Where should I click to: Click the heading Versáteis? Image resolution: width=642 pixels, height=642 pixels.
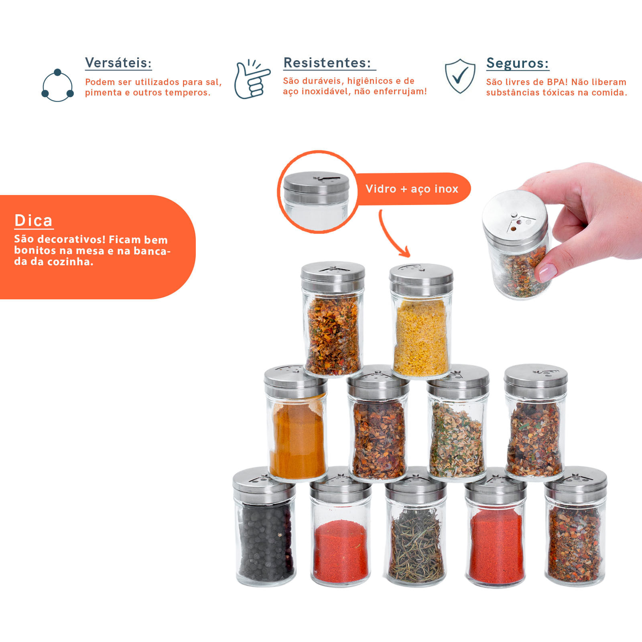coord(118,63)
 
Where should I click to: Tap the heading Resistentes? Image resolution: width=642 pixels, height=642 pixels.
coord(327,63)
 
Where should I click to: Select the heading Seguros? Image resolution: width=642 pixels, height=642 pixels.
coord(518,63)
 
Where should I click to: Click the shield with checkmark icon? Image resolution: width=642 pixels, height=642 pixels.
coord(460,76)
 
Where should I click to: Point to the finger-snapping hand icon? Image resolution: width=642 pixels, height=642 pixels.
coord(252,79)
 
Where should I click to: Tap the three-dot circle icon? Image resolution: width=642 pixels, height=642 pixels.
coord(58,85)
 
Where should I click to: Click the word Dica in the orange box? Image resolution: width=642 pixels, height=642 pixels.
coord(34,221)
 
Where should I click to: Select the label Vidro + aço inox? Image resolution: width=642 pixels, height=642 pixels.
coord(412,189)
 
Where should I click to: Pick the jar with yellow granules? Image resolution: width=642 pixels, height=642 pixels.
coord(421,321)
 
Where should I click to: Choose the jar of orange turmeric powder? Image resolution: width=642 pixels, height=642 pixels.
coord(296,423)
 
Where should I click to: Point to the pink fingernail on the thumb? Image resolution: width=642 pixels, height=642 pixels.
coord(547,272)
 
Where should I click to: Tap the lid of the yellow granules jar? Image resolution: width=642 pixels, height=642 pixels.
coord(421,279)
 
